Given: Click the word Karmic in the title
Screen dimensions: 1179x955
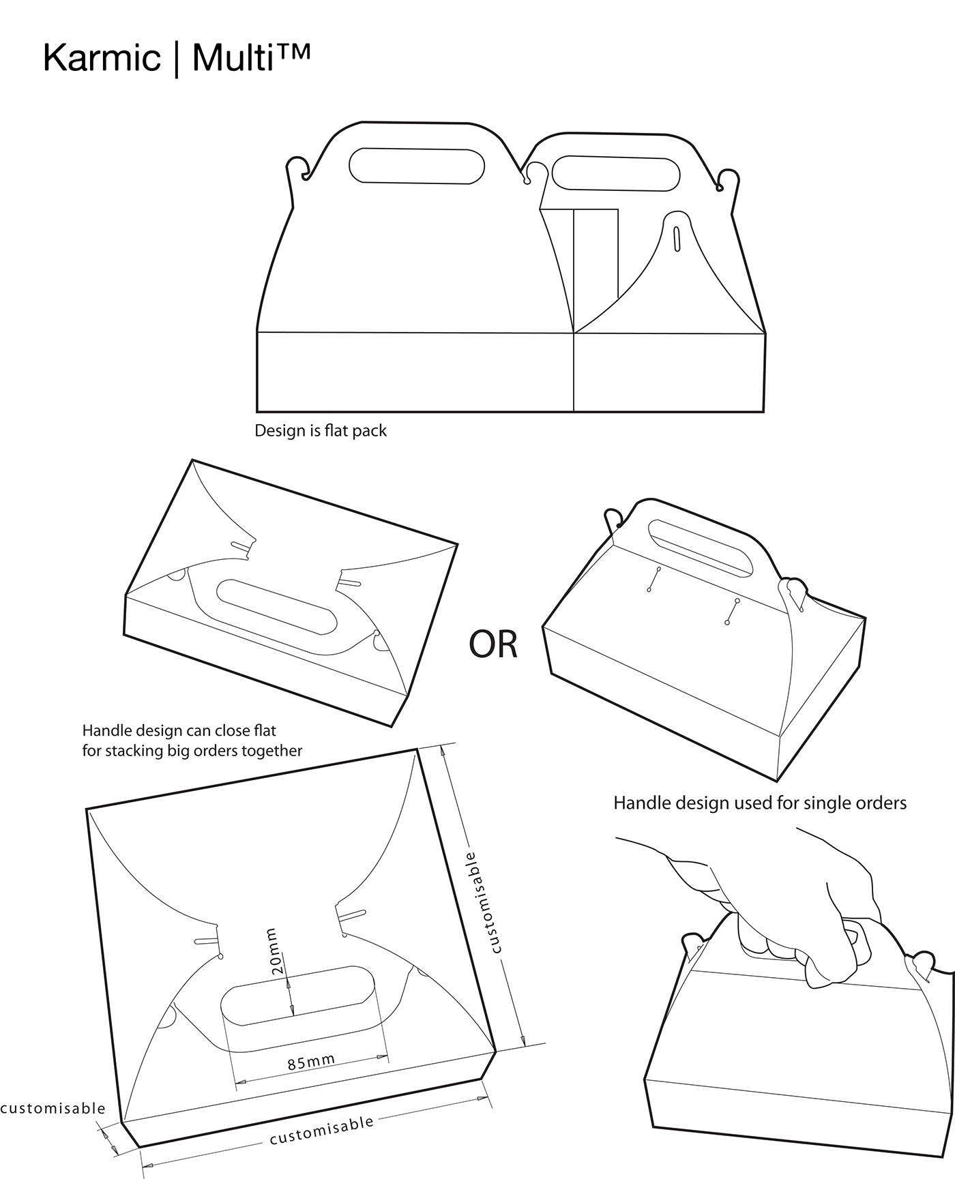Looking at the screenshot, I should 101,59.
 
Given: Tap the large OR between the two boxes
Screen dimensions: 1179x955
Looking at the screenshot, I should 493,644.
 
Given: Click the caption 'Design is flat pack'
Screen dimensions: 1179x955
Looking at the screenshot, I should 321,431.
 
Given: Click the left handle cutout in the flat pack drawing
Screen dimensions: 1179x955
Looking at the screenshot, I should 417,166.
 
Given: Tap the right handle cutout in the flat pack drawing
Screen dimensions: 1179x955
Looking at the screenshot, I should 616,173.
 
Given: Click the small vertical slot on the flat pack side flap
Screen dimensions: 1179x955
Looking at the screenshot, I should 677,238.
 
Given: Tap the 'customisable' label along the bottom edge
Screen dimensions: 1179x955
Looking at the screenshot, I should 322,1130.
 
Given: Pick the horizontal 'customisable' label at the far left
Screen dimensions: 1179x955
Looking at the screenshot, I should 53,1109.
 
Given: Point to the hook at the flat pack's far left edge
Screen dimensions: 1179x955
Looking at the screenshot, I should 297,168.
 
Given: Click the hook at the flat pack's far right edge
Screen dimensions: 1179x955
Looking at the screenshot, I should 729,179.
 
